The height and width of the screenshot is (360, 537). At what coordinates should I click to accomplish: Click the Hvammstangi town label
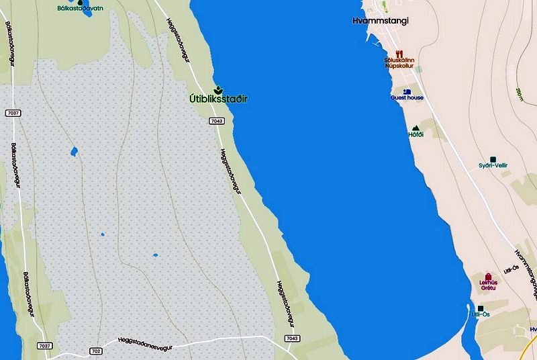[380, 21]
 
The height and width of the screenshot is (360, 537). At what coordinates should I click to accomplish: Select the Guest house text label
[407, 98]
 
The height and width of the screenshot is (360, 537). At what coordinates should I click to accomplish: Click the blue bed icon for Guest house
[407, 91]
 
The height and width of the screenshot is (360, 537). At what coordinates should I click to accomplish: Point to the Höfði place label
[416, 134]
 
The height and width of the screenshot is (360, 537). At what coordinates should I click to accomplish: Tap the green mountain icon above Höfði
[416, 127]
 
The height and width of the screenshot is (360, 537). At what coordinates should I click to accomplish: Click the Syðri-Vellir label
[493, 166]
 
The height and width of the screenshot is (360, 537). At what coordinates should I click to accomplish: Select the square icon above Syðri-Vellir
[493, 159]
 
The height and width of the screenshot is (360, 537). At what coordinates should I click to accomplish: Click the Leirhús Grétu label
[489, 285]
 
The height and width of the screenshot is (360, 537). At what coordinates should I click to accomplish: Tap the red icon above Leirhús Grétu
[489, 276]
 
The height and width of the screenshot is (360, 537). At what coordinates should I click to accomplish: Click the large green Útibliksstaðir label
[217, 99]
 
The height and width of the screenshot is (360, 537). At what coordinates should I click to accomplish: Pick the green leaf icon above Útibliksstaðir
[217, 89]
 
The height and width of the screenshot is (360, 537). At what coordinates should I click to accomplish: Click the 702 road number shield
[95, 351]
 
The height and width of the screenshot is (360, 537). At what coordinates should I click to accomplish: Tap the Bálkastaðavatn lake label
[80, 9]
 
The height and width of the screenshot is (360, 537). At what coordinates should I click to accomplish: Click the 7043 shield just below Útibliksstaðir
[216, 121]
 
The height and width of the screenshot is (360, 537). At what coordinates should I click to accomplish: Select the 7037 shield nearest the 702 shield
[45, 346]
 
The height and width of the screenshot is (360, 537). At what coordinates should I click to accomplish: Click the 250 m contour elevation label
[520, 94]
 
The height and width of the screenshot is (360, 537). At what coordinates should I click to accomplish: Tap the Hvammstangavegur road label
[527, 273]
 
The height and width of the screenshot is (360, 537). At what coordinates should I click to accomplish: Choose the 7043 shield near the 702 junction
[292, 339]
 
